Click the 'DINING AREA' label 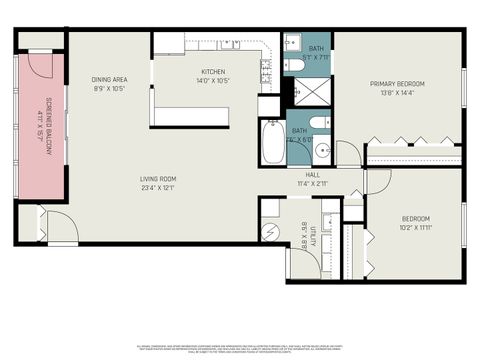click(x=108, y=79)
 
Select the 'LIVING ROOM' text click(x=159, y=179)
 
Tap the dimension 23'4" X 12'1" click(x=159, y=188)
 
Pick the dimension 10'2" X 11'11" click(x=415, y=228)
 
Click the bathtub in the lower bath click(x=272, y=143)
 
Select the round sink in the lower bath click(x=322, y=151)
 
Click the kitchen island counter click(x=190, y=116)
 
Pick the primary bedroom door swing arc click(x=348, y=153)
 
